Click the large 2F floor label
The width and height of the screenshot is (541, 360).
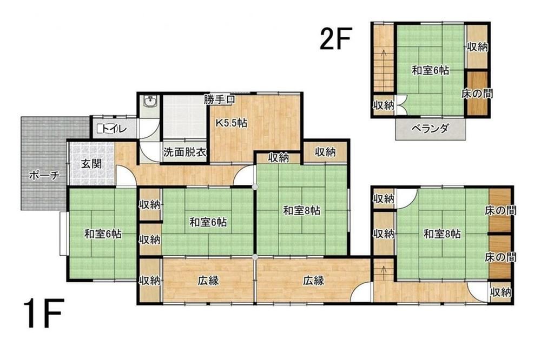coord(335,39)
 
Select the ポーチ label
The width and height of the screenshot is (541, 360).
coord(44,176)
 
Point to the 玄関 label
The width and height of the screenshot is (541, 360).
coord(91,163)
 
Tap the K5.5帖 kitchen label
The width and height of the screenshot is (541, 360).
coord(232,123)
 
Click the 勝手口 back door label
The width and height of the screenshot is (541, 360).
coord(220,100)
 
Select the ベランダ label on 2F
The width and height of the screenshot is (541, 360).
coord(430,129)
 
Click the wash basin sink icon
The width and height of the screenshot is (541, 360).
coord(150,102)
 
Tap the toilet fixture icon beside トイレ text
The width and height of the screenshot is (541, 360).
coord(100,129)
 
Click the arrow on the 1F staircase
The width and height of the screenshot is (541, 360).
coord(383,272)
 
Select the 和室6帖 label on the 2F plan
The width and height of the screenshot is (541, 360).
coord(431,71)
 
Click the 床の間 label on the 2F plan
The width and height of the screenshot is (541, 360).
coord(477,93)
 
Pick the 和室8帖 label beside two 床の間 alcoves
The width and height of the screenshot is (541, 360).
coord(442,234)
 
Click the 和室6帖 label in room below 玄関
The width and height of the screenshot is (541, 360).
coord(103,234)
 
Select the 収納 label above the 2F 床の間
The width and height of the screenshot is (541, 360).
coord(478,47)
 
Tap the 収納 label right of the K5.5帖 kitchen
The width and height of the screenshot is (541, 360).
coord(325,152)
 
